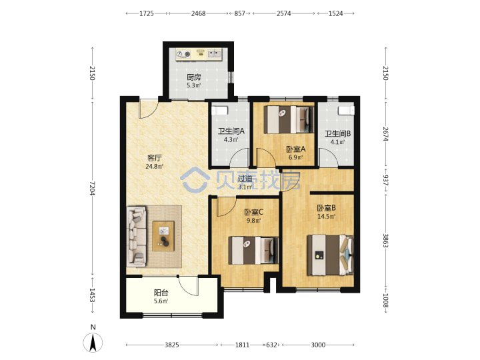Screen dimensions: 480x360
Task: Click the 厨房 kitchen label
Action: coord(194,77)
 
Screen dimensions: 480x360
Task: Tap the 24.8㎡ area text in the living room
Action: coord(154,167)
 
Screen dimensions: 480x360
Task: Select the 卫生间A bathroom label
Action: coord(231,131)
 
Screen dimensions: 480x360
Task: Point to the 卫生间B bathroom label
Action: coord(337,134)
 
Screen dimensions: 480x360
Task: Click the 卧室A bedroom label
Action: coord(296,149)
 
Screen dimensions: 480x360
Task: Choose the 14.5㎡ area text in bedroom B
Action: coord(326,217)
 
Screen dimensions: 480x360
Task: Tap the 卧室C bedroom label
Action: coord(254,212)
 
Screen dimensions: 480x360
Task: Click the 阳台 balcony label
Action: coord(161,293)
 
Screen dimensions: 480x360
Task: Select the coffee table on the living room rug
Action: coord(163,236)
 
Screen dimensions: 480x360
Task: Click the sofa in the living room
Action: coord(137,236)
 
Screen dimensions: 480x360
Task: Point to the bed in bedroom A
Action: coord(289,119)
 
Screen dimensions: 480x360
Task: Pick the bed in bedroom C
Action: coord(253,250)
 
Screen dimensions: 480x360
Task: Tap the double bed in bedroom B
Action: coord(331,255)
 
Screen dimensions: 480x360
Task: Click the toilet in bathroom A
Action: coord(220,111)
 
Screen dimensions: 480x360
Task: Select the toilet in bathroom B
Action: coord(346,110)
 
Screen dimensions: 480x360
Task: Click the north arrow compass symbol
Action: coord(93,342)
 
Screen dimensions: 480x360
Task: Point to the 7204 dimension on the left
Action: coord(92,188)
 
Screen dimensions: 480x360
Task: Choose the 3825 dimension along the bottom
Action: coord(172,345)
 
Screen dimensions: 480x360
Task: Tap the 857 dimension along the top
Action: coord(240,13)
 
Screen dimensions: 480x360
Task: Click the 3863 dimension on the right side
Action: coord(386,241)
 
